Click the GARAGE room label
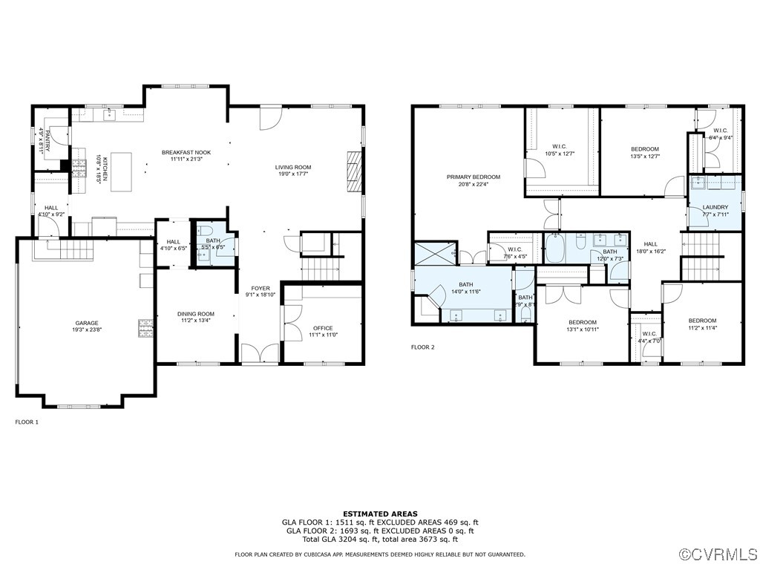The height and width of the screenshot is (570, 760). tap(86, 324)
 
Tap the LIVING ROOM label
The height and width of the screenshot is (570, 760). tap(293, 168)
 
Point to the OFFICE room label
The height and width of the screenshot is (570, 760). tap(323, 328)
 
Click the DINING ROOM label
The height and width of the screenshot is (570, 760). tap(195, 313)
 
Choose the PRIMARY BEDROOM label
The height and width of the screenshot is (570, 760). tap(473, 177)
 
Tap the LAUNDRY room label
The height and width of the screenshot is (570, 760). tap(715, 207)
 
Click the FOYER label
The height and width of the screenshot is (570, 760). tap(261, 288)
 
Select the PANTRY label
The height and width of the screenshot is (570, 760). tap(45, 140)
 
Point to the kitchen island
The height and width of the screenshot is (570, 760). tap(122, 171)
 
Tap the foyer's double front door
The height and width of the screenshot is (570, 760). tap(261, 354)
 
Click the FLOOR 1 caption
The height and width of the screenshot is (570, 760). tap(27, 422)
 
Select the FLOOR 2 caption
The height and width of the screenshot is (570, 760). tap(423, 347)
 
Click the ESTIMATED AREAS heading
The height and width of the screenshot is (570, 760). tap(380, 514)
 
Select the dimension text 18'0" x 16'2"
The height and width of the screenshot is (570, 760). tap(650, 251)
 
